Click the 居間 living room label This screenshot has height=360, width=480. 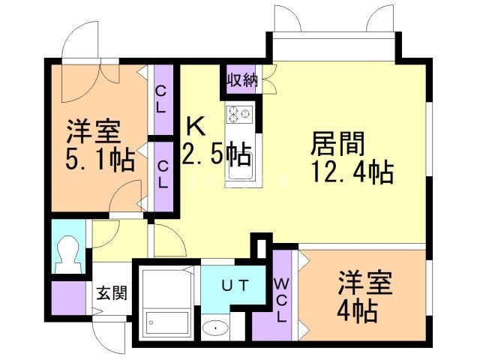pyautogui.click(x=337, y=144)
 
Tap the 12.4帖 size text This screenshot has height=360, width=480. pyautogui.click(x=352, y=172)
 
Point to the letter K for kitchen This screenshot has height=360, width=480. pyautogui.click(x=196, y=126)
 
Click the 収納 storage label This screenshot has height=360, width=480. pyautogui.click(x=242, y=80)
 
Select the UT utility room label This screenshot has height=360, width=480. pyautogui.click(x=235, y=286)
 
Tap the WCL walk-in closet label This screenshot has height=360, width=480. pyautogui.click(x=281, y=301)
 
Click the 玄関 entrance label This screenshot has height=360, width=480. pyautogui.click(x=112, y=293)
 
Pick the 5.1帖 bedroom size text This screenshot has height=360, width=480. pyautogui.click(x=100, y=159)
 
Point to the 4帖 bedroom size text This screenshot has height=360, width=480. pyautogui.click(x=357, y=310)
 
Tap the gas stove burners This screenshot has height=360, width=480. pyautogui.click(x=239, y=115)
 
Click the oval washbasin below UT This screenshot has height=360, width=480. pyautogui.click(x=215, y=328)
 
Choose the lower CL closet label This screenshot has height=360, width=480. pyautogui.click(x=163, y=175)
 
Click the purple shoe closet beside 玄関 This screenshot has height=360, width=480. pyautogui.click(x=68, y=298)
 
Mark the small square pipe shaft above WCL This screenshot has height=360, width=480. pyautogui.click(x=262, y=248)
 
